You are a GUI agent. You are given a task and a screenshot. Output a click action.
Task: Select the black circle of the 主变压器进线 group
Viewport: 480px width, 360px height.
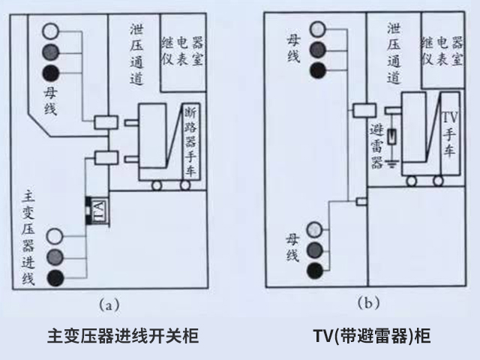click(x=55, y=279)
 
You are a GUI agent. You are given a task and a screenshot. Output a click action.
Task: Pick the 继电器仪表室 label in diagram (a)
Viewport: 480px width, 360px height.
click(x=181, y=49)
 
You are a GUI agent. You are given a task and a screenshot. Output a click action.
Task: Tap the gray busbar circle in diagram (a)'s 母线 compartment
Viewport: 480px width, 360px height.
click(x=51, y=52)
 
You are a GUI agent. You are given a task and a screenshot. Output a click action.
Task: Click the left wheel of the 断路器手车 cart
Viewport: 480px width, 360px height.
click(x=157, y=184)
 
